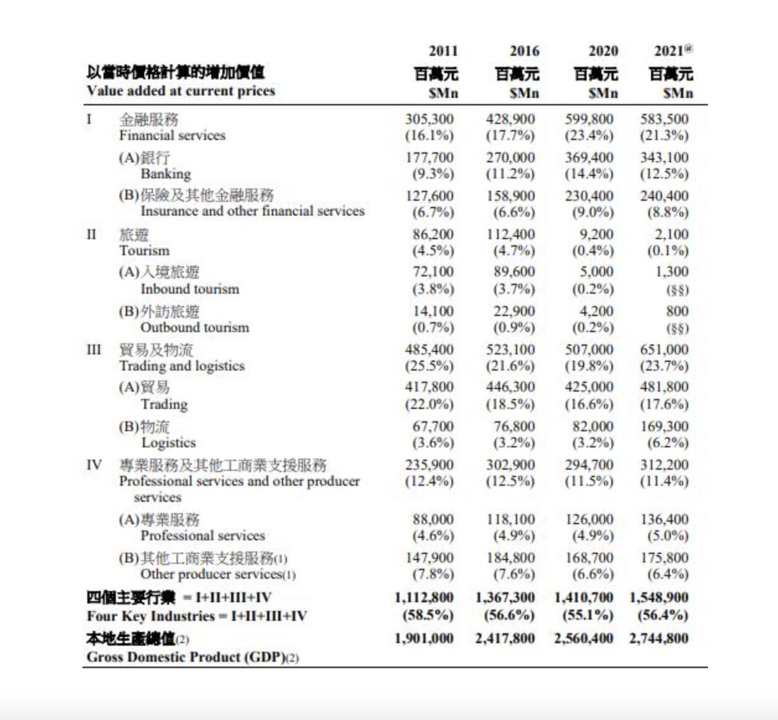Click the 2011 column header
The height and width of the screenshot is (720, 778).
443,51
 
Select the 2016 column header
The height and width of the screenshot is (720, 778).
524,51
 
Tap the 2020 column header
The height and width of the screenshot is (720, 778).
603,51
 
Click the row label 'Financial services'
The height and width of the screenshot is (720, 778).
172,136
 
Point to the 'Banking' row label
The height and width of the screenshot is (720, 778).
165,174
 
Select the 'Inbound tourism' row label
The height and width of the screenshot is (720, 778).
190,289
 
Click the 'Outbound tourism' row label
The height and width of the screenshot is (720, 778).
194,328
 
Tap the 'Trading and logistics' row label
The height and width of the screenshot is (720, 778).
181,366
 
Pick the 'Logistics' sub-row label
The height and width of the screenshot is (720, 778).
168,443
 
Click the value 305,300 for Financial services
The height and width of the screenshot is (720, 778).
429,119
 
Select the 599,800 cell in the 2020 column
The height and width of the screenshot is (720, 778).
588,119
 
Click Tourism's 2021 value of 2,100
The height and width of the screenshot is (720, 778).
670,234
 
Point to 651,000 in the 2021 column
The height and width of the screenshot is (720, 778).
664,349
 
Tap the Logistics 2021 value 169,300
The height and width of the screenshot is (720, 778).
664,426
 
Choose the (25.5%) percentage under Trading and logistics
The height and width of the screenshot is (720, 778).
429,366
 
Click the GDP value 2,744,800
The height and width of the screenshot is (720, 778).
659,638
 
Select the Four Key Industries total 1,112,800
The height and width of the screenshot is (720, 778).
424,598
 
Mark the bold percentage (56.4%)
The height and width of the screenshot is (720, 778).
663,615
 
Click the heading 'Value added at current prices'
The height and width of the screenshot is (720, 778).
181,91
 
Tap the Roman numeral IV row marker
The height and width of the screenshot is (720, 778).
94,465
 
